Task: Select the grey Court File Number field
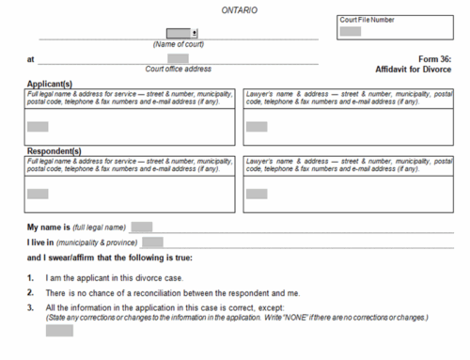[x=351, y=32]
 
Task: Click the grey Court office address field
[x=178, y=58]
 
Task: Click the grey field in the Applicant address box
[x=38, y=126]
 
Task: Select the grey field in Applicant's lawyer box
[x=256, y=126]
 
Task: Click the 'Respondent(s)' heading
[x=55, y=150]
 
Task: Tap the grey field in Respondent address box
[x=38, y=194]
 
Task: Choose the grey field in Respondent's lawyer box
[x=256, y=194]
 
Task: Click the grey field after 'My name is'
[x=142, y=227]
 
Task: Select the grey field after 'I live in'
[x=152, y=242]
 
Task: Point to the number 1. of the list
[x=31, y=278]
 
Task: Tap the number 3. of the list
[x=31, y=307]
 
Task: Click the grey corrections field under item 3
[x=59, y=330]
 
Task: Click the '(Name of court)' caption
[x=179, y=44]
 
